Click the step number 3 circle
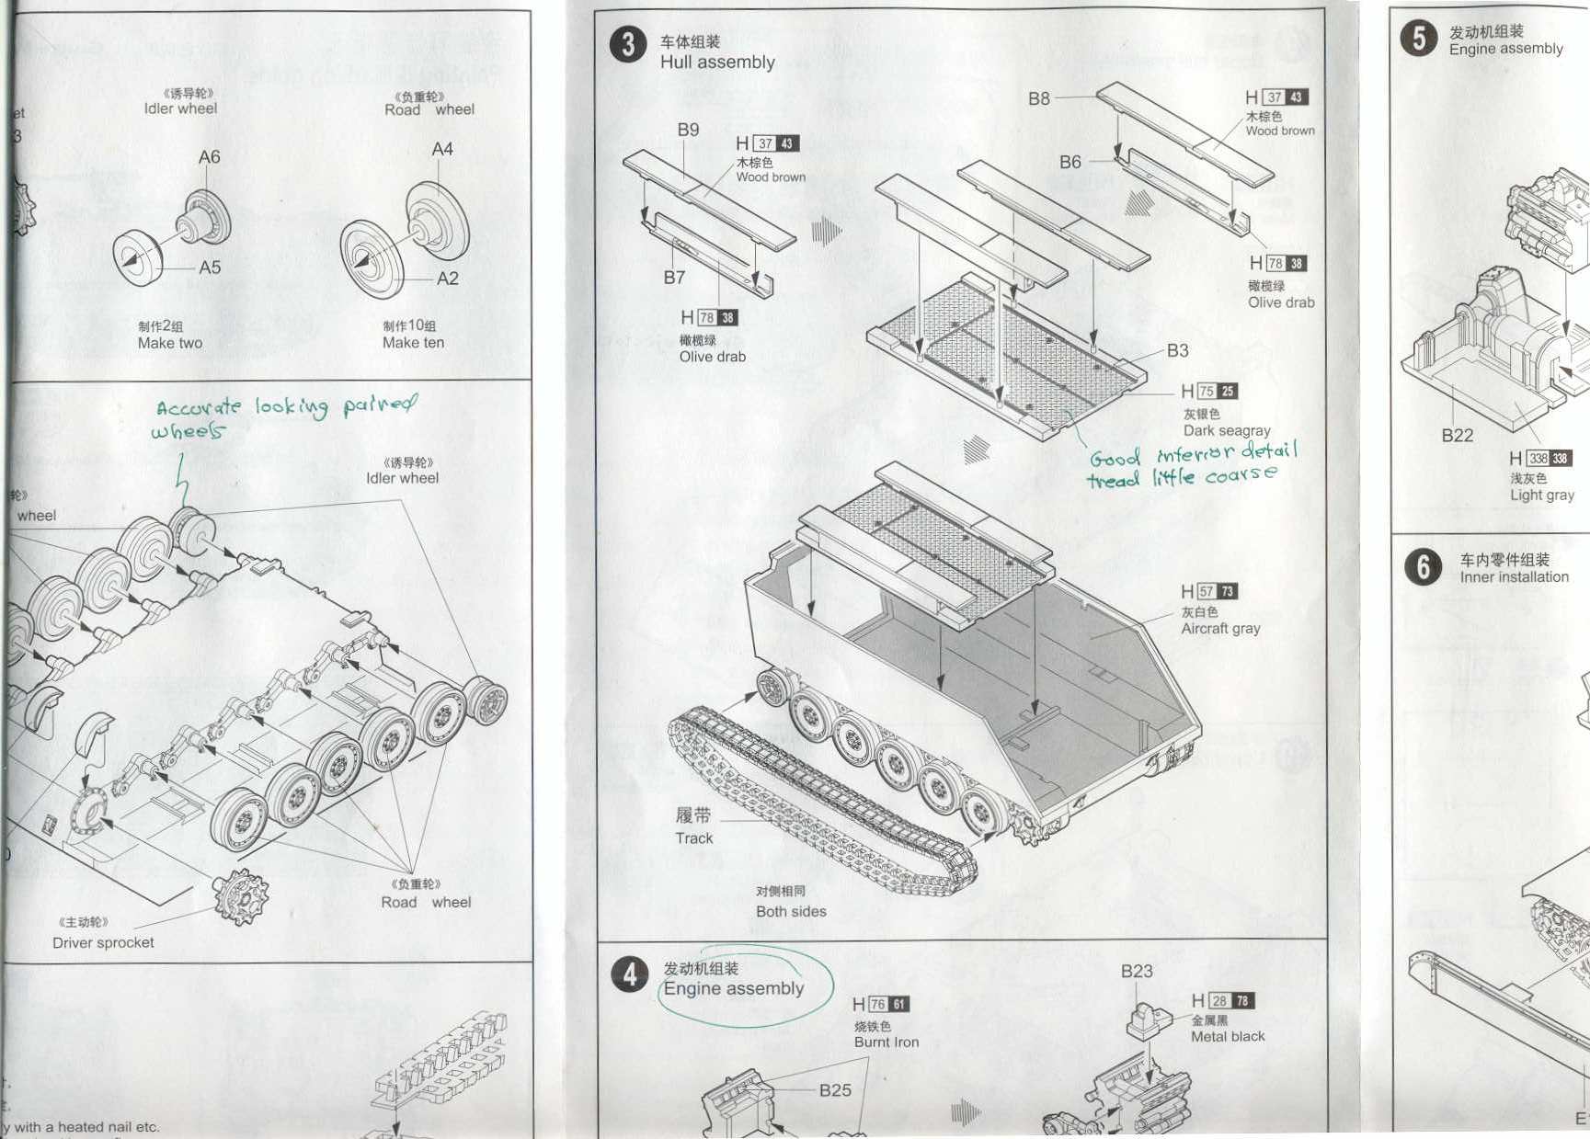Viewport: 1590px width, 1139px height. click(x=628, y=44)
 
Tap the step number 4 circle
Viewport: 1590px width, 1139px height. click(x=630, y=974)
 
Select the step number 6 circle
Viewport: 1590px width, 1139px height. click(x=1423, y=567)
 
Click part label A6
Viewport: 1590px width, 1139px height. click(x=210, y=157)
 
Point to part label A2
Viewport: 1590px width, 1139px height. click(x=448, y=279)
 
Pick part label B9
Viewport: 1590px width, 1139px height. click(x=688, y=130)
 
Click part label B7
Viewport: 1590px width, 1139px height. click(x=674, y=277)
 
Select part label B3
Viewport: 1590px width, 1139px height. click(x=1177, y=350)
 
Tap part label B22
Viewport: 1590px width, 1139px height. click(x=1457, y=436)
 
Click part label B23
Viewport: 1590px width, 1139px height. click(x=1137, y=971)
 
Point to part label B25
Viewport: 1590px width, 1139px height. click(x=835, y=1090)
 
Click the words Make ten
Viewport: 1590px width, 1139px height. click(x=413, y=343)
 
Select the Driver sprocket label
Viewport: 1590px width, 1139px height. click(x=103, y=942)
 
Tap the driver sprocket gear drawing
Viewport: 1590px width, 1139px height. click(x=241, y=894)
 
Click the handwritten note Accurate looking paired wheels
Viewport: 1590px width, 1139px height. click(x=285, y=416)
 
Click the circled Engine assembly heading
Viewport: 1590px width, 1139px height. click(x=733, y=988)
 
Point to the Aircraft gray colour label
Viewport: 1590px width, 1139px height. click(x=1220, y=629)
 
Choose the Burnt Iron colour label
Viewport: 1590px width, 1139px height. click(x=886, y=1042)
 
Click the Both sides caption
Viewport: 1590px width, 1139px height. click(x=791, y=911)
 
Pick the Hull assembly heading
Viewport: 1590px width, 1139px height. click(x=717, y=62)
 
